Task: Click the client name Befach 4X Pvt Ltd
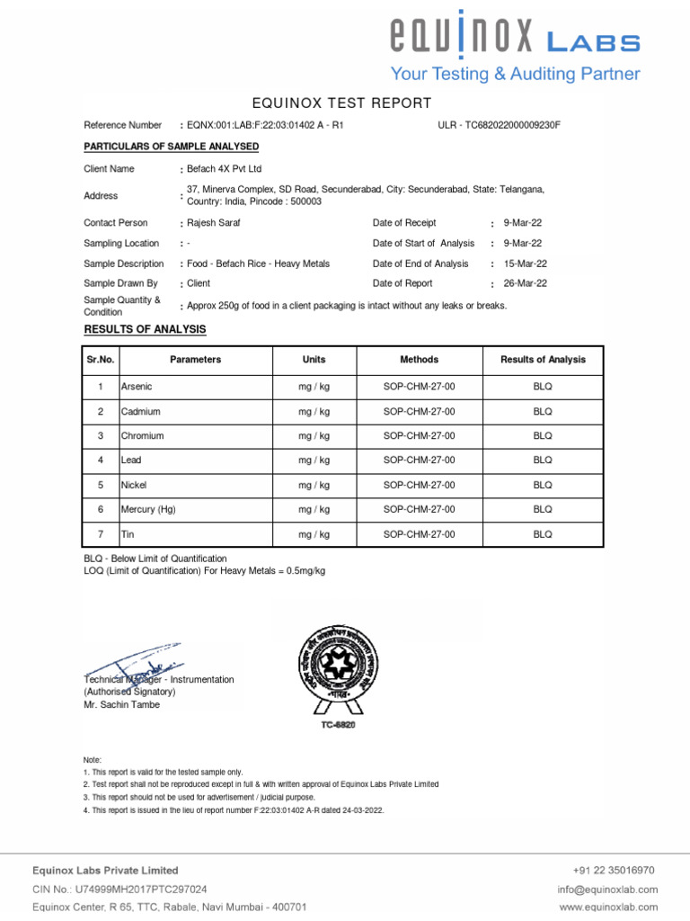(x=224, y=168)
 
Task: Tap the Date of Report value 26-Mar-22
(x=525, y=283)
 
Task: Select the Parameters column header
(x=195, y=360)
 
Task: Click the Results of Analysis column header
(x=543, y=360)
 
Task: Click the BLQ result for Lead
(x=543, y=460)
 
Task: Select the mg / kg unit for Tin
(x=314, y=534)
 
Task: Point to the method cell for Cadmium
(x=419, y=411)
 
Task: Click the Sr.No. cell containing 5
(x=101, y=485)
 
